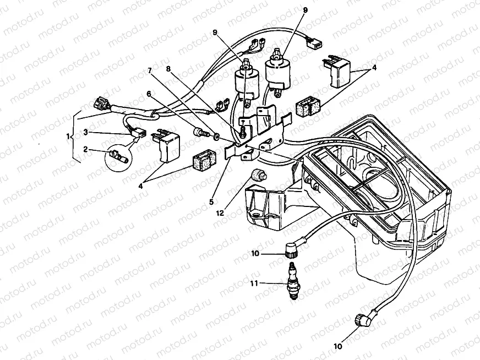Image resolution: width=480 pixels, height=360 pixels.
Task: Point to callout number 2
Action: tap(86, 149)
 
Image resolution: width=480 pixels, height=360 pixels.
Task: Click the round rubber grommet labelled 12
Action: tap(257, 176)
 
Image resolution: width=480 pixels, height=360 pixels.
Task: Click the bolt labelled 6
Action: tap(199, 133)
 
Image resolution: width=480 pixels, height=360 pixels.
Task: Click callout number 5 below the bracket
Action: tap(211, 202)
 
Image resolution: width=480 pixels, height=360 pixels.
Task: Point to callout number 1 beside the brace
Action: tap(69, 136)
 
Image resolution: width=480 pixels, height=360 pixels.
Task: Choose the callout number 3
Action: tap(86, 132)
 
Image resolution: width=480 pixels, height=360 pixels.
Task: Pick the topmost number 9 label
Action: tap(305, 10)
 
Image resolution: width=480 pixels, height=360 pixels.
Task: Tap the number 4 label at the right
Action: tap(374, 68)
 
